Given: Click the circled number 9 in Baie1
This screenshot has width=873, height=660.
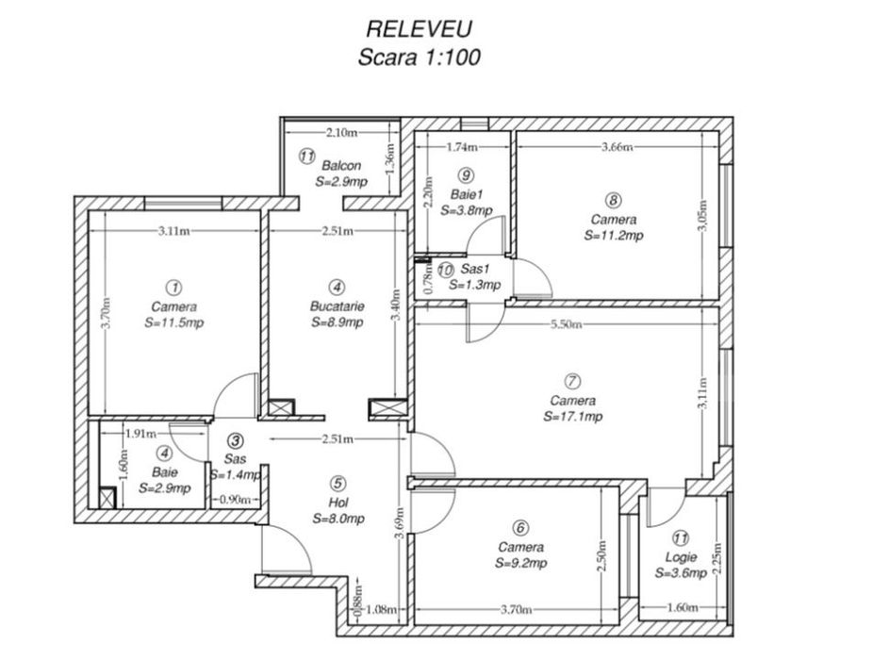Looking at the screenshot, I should click(x=465, y=174).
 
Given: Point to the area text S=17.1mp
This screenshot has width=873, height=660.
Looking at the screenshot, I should click(x=572, y=416).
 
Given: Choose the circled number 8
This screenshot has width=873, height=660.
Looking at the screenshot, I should click(x=614, y=200).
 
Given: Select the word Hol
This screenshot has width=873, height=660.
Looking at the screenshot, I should click(x=337, y=503).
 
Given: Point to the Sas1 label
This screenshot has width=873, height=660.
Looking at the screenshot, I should click(x=476, y=269).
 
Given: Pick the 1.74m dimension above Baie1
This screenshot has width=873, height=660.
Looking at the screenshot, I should click(x=461, y=146).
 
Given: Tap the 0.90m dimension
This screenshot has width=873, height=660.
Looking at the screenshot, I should click(x=233, y=500).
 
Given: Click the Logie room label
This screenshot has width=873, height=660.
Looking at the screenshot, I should click(x=680, y=557).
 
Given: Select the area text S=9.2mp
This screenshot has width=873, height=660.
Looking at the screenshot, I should click(x=520, y=563).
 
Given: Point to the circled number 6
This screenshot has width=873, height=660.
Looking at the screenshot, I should click(x=521, y=528).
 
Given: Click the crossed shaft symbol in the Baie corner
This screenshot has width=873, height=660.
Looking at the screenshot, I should click(x=107, y=498).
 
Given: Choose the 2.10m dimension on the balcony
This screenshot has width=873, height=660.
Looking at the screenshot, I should click(x=340, y=133).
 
